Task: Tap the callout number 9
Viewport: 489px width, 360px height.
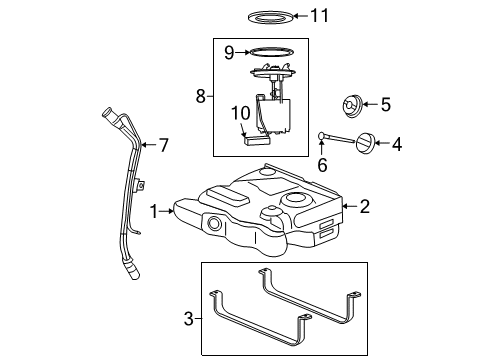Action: point(229,52)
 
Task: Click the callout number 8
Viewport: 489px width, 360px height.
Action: point(199,97)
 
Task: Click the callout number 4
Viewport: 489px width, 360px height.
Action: point(397,144)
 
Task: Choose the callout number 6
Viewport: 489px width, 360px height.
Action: point(321,163)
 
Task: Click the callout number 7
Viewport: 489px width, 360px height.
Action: point(163,145)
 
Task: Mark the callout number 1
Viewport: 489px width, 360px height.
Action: point(154,211)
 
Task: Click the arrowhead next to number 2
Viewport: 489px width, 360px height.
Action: point(346,207)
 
